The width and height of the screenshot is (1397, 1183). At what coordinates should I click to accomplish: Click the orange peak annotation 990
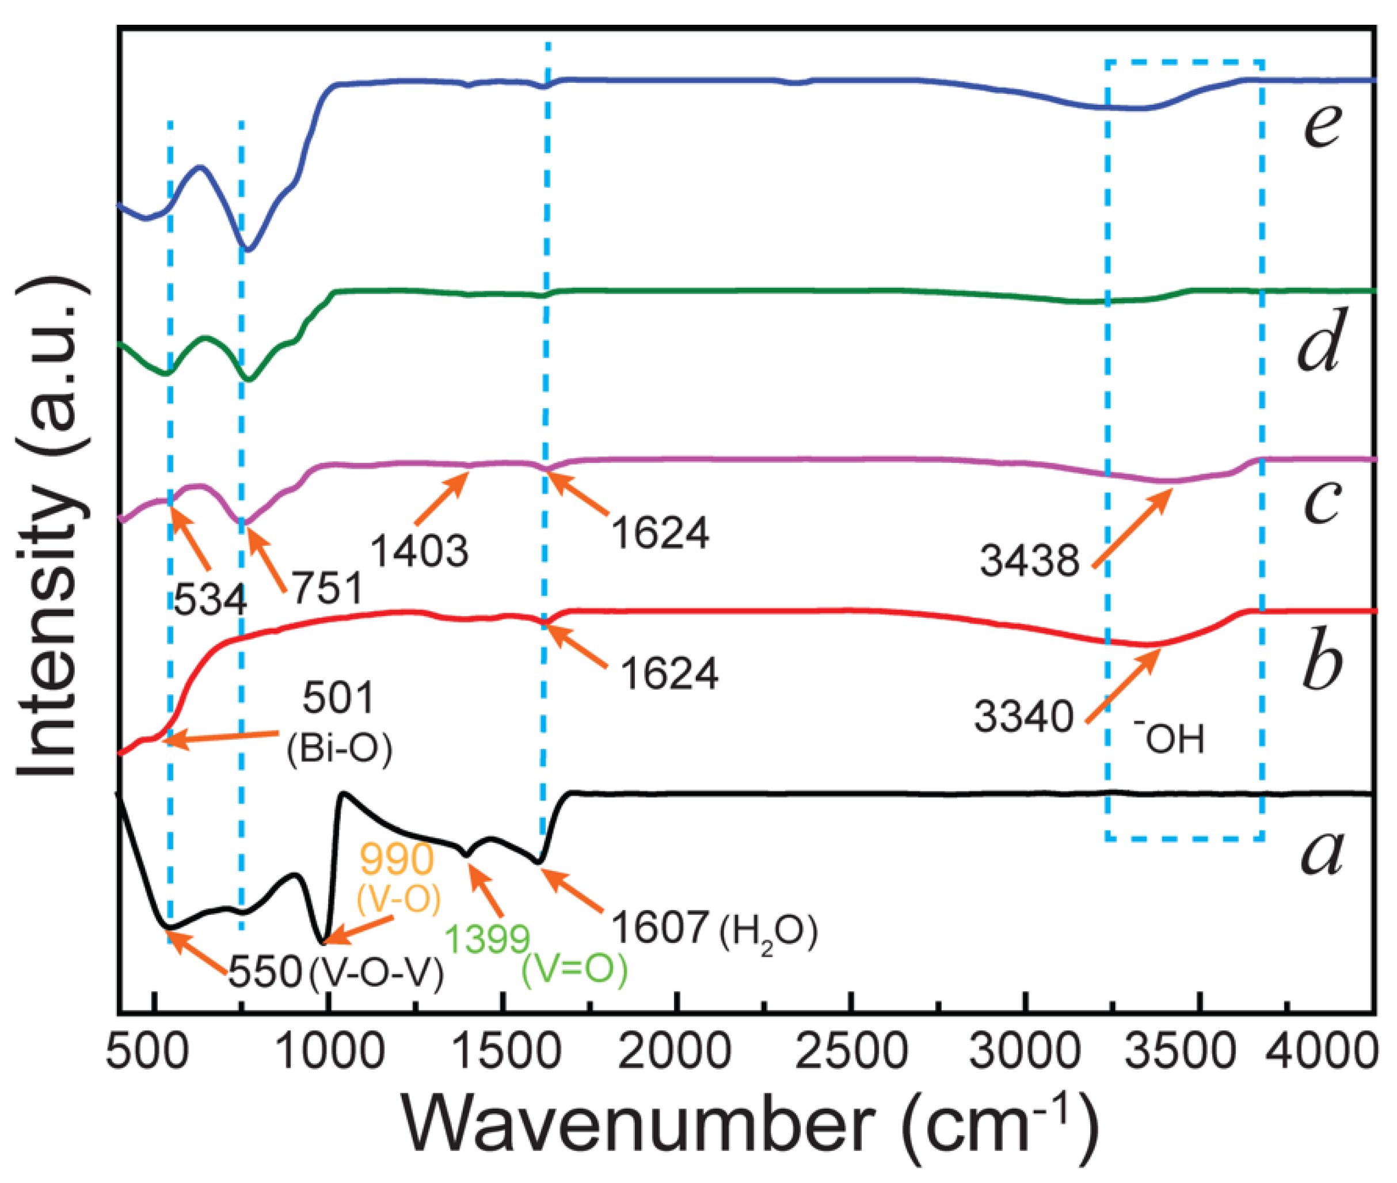[397, 859]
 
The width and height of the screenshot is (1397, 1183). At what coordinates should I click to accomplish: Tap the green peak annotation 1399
[488, 938]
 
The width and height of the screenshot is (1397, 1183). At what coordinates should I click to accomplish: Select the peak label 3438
[1029, 560]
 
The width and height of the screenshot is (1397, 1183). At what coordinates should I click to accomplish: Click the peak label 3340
[1024, 716]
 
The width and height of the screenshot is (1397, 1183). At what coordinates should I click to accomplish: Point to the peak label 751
[328, 588]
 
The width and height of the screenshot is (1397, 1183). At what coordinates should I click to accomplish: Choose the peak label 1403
[420, 551]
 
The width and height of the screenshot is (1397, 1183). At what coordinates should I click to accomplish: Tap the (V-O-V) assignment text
[377, 973]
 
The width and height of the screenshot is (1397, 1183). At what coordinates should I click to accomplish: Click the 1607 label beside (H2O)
[661, 929]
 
